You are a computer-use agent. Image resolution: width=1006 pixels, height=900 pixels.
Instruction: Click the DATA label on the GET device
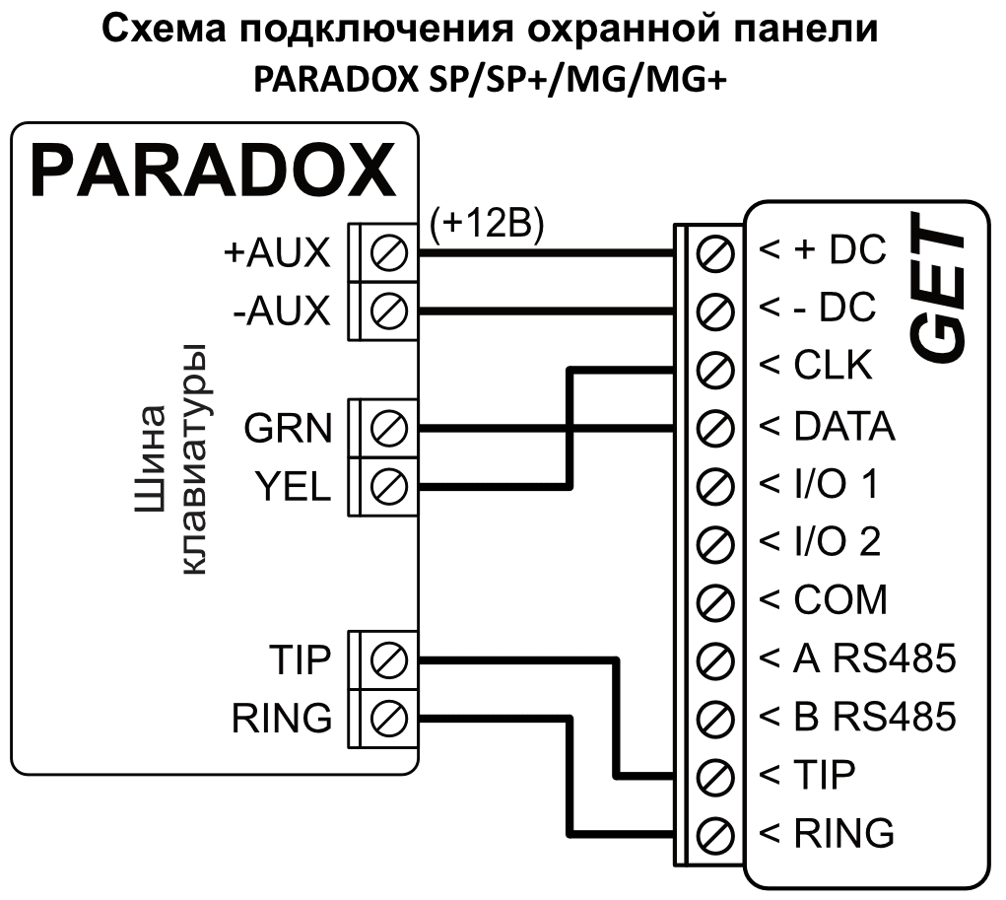coord(842,427)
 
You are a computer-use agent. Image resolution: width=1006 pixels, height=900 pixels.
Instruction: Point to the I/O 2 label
coord(836,542)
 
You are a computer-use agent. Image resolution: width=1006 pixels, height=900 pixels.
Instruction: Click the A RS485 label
coord(873,658)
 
